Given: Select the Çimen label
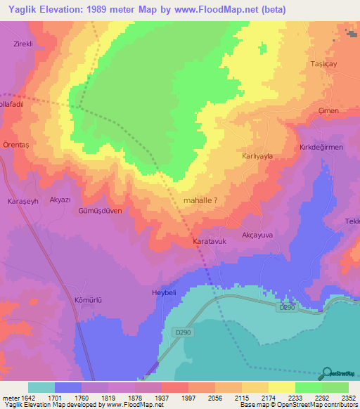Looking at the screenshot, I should click(328, 111).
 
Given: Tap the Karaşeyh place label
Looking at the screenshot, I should click(21, 202).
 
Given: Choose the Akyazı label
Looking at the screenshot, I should click(60, 200).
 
